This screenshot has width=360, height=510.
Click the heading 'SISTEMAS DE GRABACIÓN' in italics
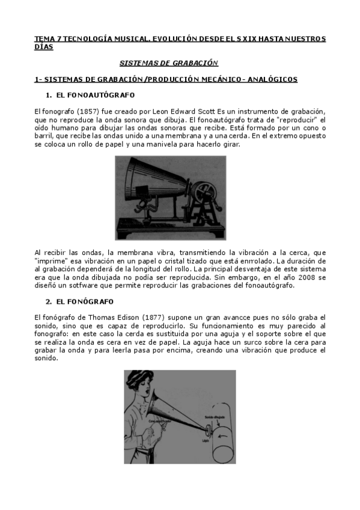pyautogui.click(x=169, y=63)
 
